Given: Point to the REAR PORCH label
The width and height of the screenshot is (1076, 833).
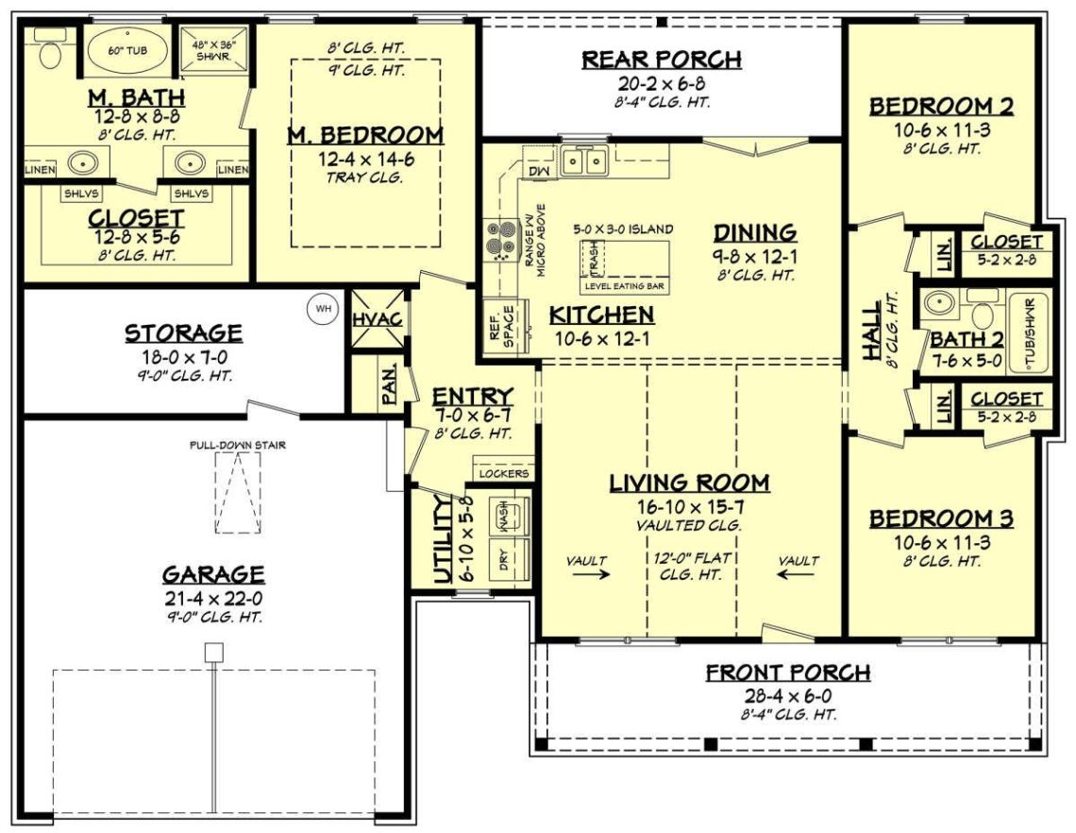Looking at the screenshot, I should (x=661, y=59).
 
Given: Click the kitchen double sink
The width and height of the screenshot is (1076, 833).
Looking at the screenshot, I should (x=583, y=162).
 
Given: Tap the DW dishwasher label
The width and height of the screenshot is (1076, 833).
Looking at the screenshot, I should (x=538, y=171).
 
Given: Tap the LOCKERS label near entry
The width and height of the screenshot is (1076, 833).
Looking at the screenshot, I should (x=504, y=472).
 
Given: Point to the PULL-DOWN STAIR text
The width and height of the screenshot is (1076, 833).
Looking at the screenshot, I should (x=237, y=445).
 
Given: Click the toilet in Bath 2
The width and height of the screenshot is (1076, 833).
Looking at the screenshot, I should (x=983, y=315).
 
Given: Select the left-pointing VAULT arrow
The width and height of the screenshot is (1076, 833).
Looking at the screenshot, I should (x=799, y=572).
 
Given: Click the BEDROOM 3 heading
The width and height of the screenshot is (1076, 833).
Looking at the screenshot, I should (x=941, y=518).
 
